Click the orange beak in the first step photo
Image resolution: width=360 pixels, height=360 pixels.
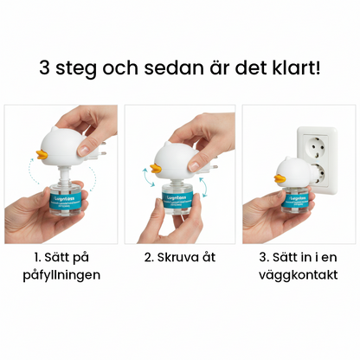39,157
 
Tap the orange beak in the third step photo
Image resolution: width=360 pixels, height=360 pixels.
278,180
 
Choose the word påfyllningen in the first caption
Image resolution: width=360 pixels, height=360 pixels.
60,275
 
